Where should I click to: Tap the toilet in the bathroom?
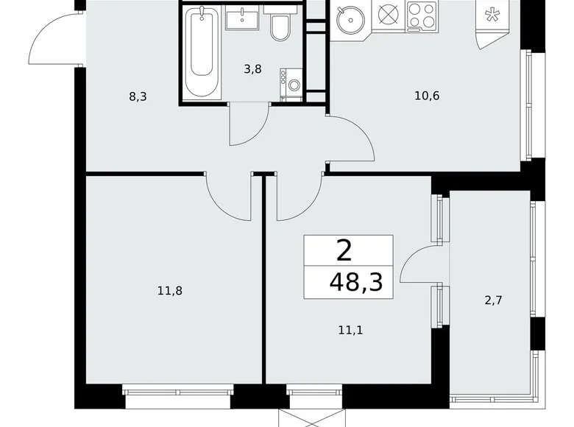[280, 27]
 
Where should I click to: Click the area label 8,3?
[138, 96]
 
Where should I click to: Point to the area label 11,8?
[169, 291]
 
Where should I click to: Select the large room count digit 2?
[344, 251]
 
